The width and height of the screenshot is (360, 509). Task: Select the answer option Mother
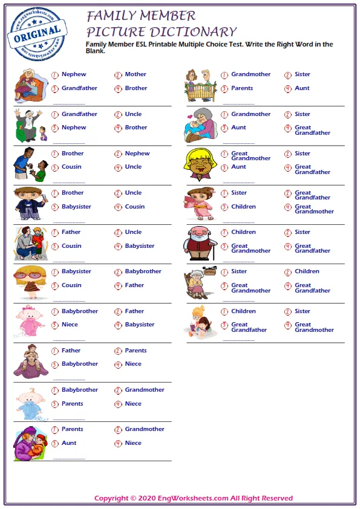pos(136,74)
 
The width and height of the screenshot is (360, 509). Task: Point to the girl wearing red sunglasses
pos(29,281)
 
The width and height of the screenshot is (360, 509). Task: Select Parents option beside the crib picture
pos(242,88)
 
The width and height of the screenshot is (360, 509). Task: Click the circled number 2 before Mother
pos(118,75)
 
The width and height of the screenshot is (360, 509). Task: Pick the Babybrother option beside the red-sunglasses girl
pos(143,271)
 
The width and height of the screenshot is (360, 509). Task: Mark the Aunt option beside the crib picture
pos(302,88)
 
